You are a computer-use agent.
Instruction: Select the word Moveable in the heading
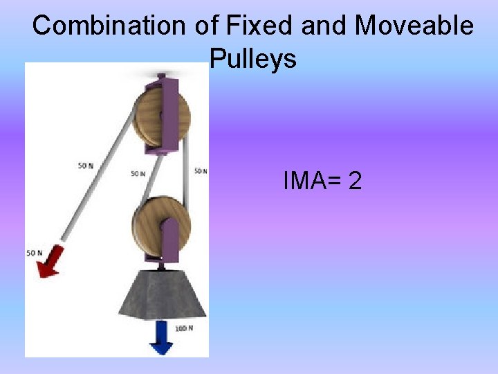click(414, 26)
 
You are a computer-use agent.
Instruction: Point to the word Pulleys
click(252, 59)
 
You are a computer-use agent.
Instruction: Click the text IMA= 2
click(322, 181)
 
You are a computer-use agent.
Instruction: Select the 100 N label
click(184, 328)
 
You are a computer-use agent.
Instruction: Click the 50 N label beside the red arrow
click(34, 253)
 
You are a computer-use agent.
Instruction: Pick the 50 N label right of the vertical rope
click(201, 171)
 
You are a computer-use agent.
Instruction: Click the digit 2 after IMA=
click(355, 181)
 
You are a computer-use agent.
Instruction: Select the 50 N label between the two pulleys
click(138, 173)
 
